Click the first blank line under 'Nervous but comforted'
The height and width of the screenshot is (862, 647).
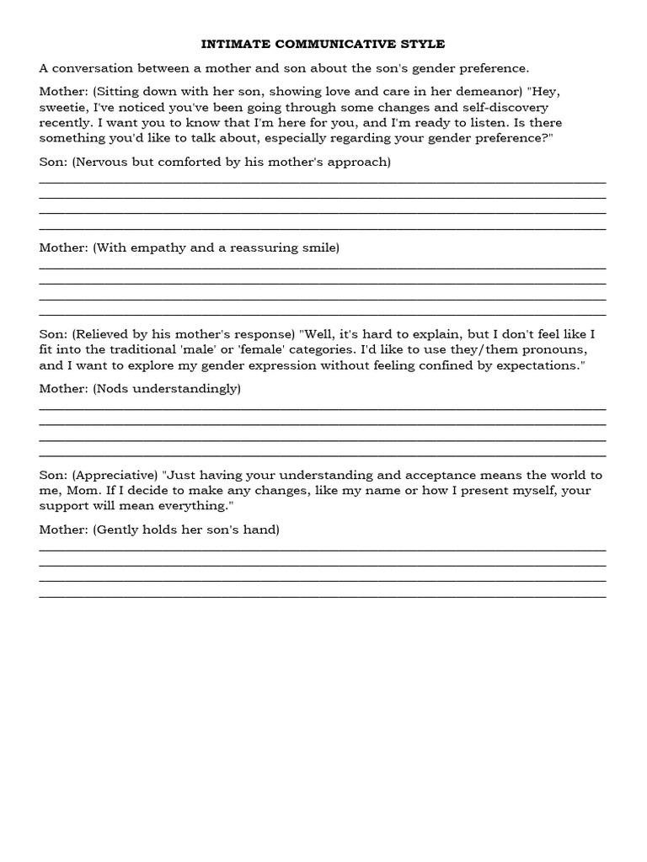(323, 182)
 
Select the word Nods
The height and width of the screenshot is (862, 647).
(113, 389)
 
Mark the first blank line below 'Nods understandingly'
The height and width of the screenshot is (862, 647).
(323, 409)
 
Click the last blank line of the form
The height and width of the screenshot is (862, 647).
(323, 596)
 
